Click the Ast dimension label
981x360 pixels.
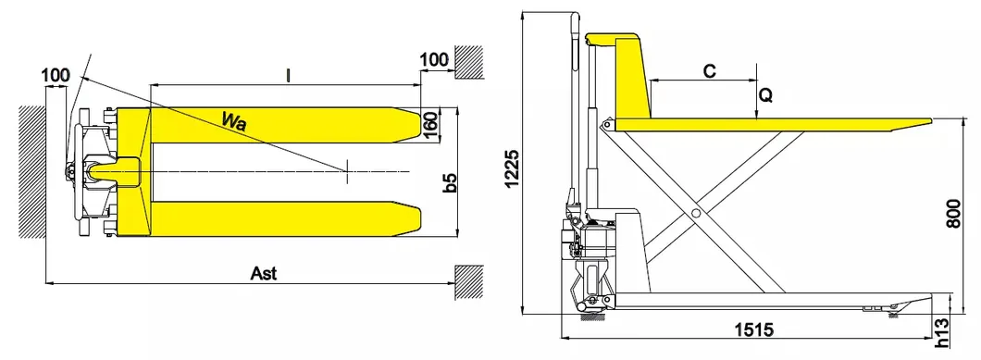pos(264,274)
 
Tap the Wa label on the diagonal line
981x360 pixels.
pos(234,120)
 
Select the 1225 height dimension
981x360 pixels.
pos(512,168)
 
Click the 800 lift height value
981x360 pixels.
pos(953,214)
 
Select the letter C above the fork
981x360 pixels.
pos(709,71)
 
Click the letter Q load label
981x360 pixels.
pos(765,95)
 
